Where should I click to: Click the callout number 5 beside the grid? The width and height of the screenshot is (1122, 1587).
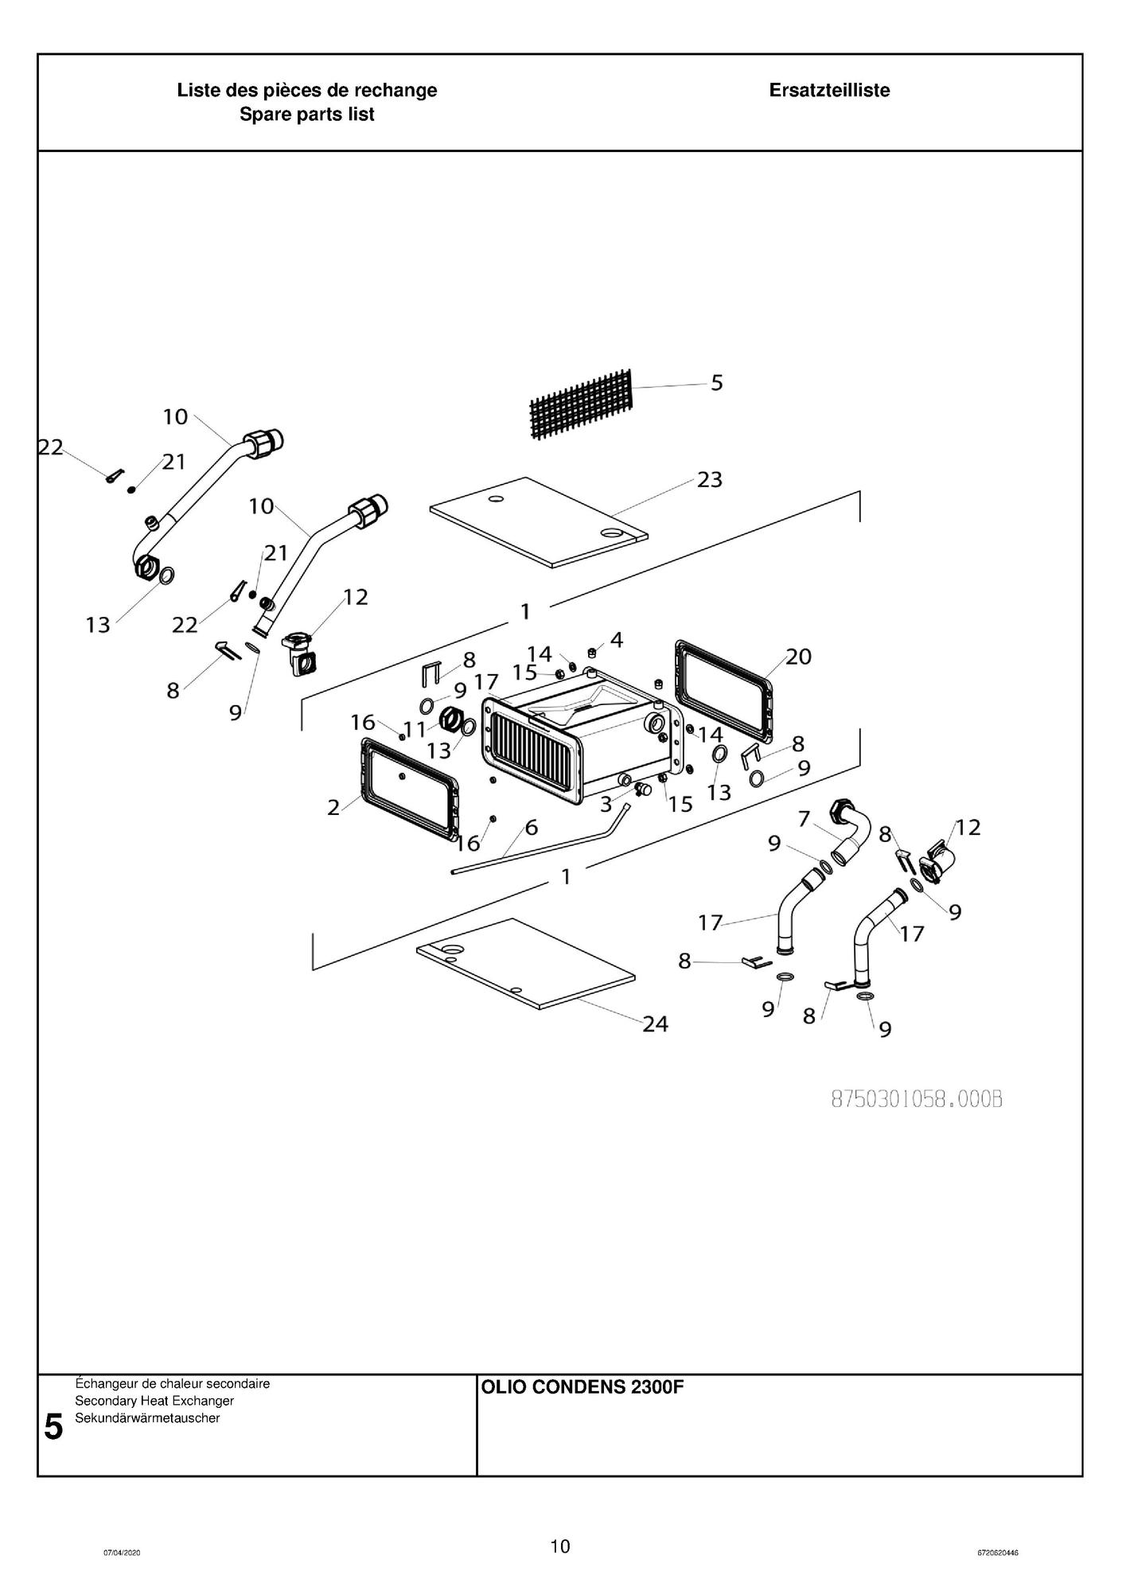click(717, 383)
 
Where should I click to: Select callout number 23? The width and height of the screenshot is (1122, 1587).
click(710, 480)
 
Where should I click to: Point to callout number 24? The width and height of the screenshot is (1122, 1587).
click(655, 1024)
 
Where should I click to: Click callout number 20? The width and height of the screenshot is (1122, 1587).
click(798, 657)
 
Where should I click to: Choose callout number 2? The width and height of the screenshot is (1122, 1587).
click(333, 808)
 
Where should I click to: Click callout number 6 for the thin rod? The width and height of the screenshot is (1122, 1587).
click(532, 827)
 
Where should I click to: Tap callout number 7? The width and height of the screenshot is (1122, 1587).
click(804, 818)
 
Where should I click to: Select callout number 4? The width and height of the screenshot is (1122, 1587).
click(617, 639)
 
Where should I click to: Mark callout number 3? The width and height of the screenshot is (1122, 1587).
click(606, 804)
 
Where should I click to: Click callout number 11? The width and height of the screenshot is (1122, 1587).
click(415, 729)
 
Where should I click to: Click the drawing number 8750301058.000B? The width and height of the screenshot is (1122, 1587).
click(916, 1099)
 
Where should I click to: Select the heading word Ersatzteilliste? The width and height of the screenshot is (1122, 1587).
click(829, 91)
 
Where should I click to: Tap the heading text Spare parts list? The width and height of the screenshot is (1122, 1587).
click(307, 115)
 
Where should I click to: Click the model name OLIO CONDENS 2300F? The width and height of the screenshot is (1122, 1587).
click(582, 1388)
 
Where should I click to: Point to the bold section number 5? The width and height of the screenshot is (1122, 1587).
click(53, 1427)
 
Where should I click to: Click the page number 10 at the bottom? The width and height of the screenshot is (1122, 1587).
click(560, 1546)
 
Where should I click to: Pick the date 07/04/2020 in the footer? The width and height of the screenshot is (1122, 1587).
click(122, 1553)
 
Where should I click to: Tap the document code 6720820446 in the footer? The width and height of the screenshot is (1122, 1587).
click(998, 1553)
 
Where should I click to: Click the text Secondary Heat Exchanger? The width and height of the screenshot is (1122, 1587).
click(154, 1401)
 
